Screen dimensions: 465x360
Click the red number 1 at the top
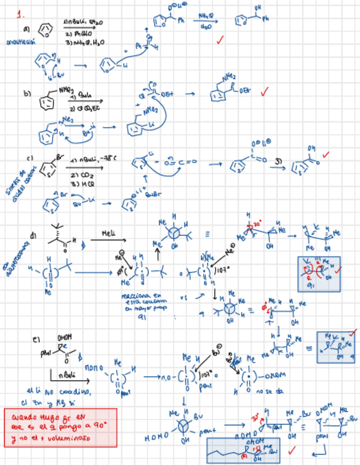[20, 13]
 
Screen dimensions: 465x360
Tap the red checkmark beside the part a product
[220, 39]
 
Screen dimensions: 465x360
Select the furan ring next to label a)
[45, 30]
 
